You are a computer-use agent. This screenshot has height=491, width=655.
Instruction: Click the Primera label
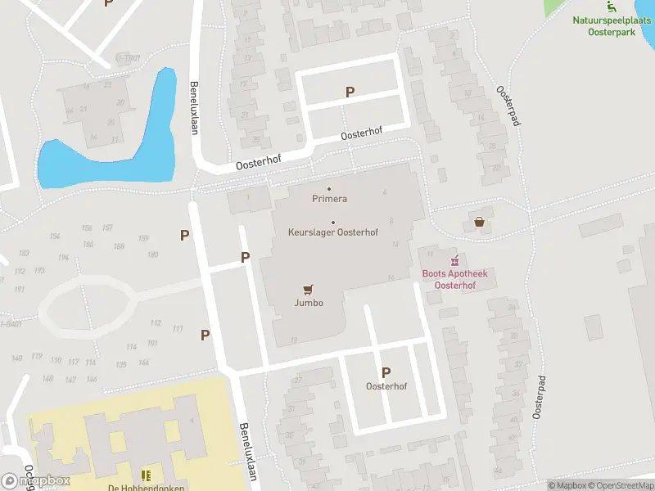[x=330, y=199]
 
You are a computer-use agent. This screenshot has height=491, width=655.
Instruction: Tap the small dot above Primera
[x=330, y=189]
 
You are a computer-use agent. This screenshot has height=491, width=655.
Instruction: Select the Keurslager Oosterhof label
[x=333, y=232]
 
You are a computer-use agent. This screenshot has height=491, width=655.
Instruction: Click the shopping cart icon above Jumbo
[x=309, y=290]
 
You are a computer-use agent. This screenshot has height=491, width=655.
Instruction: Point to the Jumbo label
[x=309, y=303]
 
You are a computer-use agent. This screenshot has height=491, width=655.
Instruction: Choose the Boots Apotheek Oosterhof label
[x=449, y=280]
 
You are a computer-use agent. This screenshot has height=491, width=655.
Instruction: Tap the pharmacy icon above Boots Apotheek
[x=454, y=260]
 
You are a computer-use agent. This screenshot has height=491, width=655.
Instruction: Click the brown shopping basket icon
[x=479, y=221]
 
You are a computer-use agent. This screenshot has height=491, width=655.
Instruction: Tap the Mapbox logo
[x=36, y=481]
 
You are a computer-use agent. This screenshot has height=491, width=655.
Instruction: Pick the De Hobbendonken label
[x=146, y=488]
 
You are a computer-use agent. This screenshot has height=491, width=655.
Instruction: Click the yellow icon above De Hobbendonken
[x=146, y=475]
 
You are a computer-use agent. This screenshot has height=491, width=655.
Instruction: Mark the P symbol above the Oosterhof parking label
[x=386, y=372]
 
